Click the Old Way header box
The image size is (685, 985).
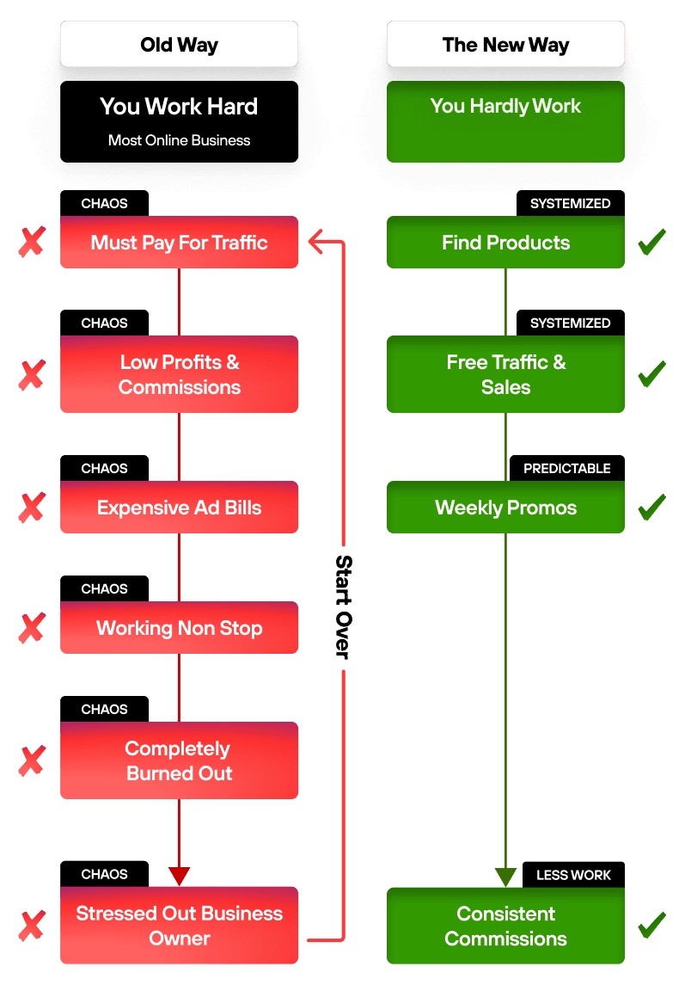click(x=179, y=44)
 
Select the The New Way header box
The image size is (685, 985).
click(x=505, y=44)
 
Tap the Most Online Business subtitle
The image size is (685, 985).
click(x=179, y=140)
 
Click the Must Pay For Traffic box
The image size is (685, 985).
click(x=179, y=243)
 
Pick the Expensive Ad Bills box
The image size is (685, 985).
click(x=179, y=507)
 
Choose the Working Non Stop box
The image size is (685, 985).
click(x=179, y=627)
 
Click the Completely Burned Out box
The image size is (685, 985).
click(x=179, y=760)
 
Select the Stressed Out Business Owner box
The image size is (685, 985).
click(x=179, y=926)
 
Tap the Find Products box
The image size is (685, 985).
click(x=505, y=243)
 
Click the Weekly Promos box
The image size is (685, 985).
click(x=505, y=507)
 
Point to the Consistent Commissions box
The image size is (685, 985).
click(x=505, y=926)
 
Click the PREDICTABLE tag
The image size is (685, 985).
click(x=567, y=469)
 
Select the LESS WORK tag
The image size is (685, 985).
click(x=573, y=874)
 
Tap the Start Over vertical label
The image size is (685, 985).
click(x=344, y=606)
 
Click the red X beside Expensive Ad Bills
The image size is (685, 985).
click(x=32, y=508)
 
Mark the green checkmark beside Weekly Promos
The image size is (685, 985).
click(x=651, y=507)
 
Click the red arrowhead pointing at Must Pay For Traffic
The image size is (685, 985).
click(x=315, y=242)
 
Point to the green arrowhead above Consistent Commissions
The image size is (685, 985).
click(x=505, y=877)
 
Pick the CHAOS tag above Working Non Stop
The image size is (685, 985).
click(x=104, y=588)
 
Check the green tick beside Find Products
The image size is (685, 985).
click(x=651, y=242)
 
